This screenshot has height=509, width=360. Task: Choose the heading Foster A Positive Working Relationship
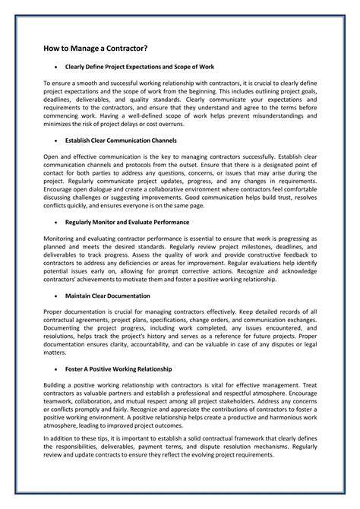pyautogui.click(x=118, y=368)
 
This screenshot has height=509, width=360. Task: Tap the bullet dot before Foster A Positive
pyautogui.click(x=56, y=368)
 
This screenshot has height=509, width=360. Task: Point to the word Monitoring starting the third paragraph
pyautogui.click(x=60, y=239)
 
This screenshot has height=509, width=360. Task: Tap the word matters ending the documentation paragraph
pyautogui.click(x=55, y=353)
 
